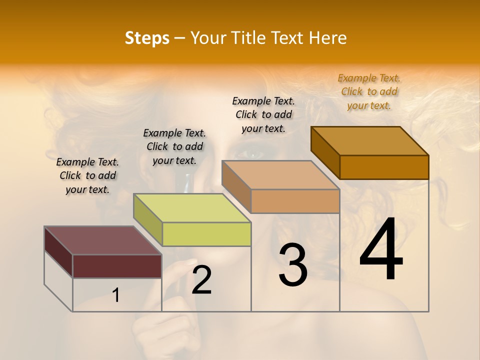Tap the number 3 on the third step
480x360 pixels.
coord(293,265)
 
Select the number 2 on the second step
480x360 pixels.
coord(201,280)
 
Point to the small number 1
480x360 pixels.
coord(116,295)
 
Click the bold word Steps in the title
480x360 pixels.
coord(147,38)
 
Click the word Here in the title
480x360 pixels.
coord(328,38)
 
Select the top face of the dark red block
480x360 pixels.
coord(102,240)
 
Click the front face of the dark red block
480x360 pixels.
coord(117,266)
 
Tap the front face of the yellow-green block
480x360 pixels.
coord(206,234)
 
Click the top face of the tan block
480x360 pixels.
coord(280,175)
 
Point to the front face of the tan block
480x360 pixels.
coord(295,201)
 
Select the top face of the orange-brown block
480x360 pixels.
coord(370,141)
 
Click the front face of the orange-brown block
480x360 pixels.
coord(384,167)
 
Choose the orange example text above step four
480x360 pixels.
coord(369,91)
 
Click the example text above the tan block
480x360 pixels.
coord(263,114)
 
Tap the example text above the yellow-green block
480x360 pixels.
coord(174,146)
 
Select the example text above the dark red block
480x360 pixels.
coord(87,175)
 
